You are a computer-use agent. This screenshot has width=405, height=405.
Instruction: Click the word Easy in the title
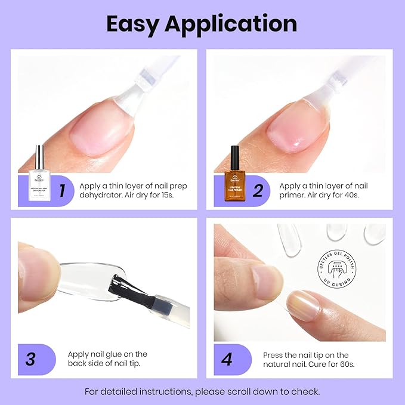pyautogui.click(x=132, y=24)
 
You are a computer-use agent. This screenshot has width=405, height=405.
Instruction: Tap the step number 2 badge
pyautogui.click(x=257, y=191)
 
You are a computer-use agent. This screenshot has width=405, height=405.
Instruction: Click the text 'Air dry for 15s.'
pyautogui.click(x=153, y=196)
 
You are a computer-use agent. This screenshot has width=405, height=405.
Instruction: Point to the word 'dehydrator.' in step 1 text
pyautogui.click(x=107, y=196)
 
